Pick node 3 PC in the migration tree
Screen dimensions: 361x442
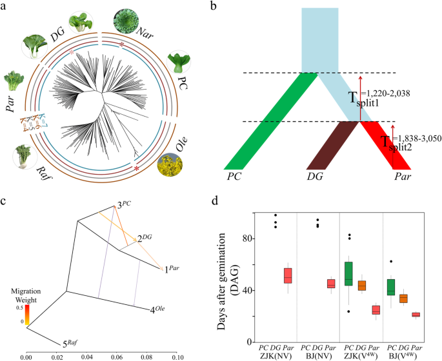pyautogui.click(x=123, y=205)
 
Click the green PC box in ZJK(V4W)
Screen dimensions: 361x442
pyautogui.click(x=348, y=273)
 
